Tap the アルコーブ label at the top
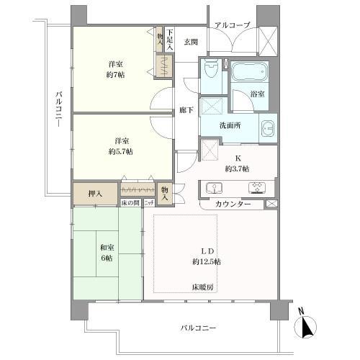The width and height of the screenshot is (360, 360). click(x=231, y=25)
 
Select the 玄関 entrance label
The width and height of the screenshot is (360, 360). click(x=190, y=42)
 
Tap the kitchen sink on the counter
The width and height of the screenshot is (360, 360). click(x=217, y=187)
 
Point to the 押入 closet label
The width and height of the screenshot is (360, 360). click(x=95, y=192)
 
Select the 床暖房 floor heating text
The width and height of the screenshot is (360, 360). click(x=202, y=287)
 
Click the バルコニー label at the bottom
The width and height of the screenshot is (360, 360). click(x=199, y=328)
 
